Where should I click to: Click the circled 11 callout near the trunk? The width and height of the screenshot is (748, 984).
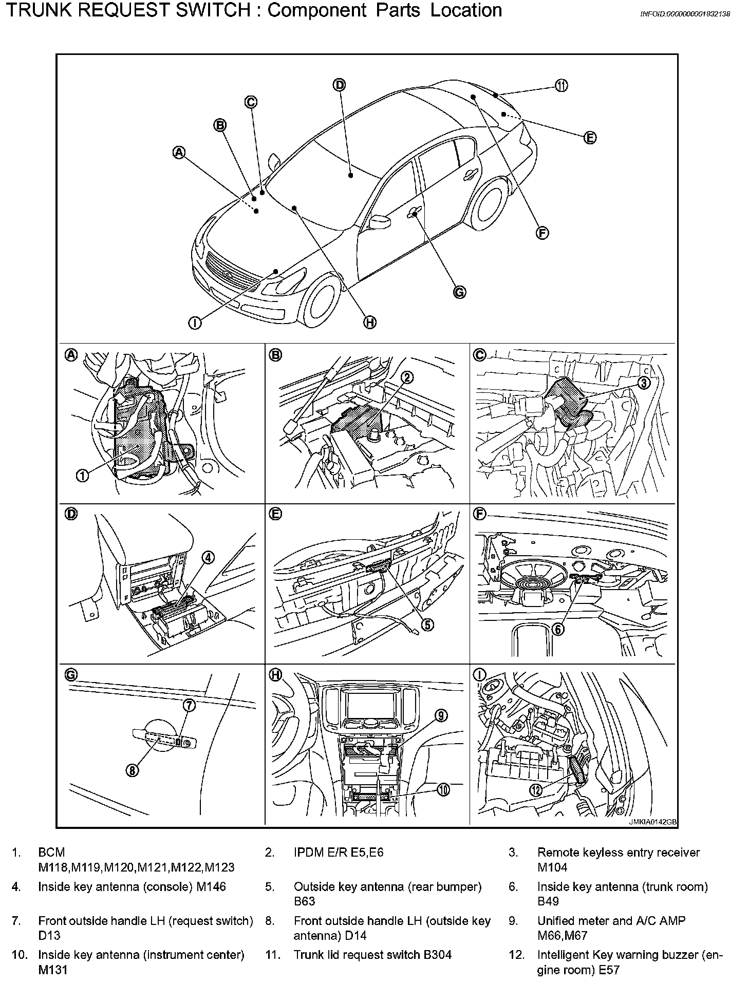point(561,86)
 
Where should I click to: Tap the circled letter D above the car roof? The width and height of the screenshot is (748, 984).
point(340,85)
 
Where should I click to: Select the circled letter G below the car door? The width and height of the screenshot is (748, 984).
point(459,292)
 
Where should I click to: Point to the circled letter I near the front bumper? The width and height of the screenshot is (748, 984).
point(195,323)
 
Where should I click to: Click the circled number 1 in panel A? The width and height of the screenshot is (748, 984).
point(82,476)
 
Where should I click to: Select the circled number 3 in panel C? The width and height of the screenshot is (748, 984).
point(644,383)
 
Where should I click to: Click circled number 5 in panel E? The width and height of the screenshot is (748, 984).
point(427,624)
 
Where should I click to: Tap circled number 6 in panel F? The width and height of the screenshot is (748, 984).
point(558,629)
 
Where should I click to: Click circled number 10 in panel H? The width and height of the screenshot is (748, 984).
point(443,790)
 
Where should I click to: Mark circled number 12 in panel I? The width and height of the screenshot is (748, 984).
point(536,790)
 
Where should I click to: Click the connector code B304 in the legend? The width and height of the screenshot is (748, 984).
point(437,955)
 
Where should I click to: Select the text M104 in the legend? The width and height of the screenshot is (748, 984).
point(552,867)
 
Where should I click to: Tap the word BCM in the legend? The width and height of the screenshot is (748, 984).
point(51,853)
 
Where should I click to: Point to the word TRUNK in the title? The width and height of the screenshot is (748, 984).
point(39,10)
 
